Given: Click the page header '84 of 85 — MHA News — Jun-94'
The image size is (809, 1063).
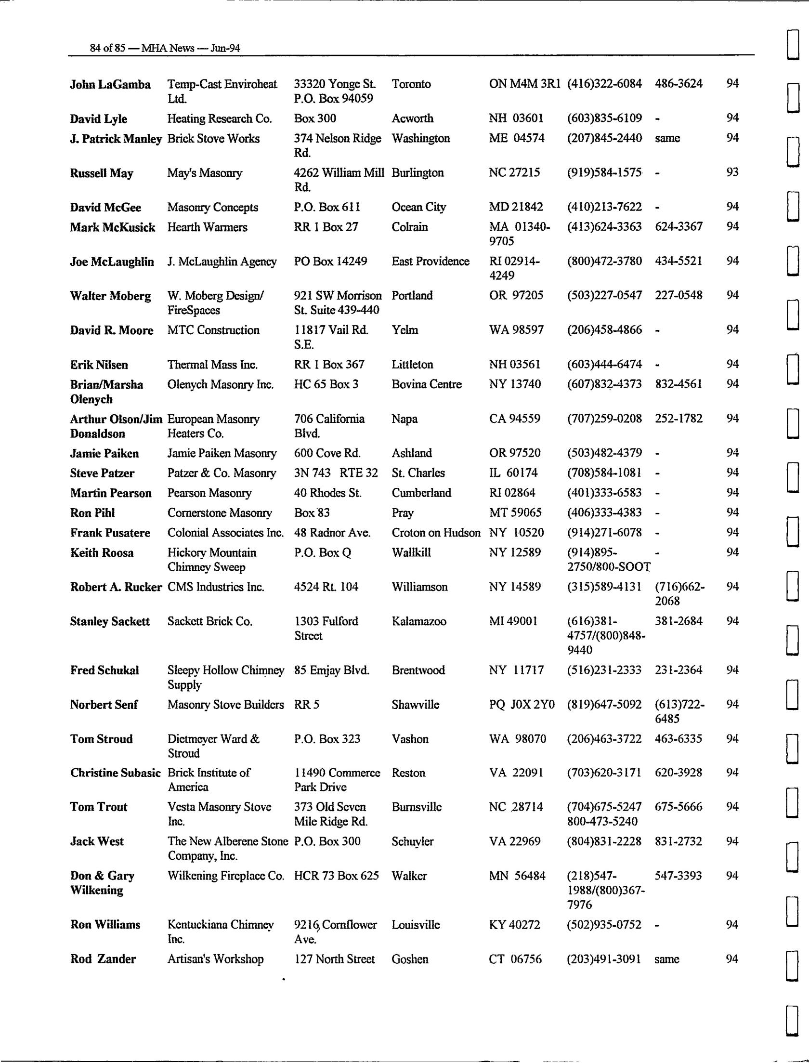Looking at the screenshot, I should point(165,48).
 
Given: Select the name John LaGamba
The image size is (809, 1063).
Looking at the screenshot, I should point(110,85).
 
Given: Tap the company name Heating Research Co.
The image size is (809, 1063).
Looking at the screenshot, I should point(219,118).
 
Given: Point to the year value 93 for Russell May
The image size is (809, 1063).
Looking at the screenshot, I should point(732,172).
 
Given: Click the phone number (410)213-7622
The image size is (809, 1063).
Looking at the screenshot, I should point(604,207).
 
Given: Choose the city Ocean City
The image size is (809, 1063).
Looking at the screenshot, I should point(418,207).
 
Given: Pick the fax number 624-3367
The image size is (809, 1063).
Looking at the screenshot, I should point(679,226).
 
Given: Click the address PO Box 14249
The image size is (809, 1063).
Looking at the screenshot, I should point(330,261).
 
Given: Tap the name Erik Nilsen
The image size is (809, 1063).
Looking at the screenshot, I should point(99,365).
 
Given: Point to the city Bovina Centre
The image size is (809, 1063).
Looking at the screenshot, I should point(426,384).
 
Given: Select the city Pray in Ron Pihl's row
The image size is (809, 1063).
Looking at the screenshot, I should point(403,513).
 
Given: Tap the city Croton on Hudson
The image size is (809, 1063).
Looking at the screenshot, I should point(436,533).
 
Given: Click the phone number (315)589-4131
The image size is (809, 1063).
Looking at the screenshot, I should point(604,587).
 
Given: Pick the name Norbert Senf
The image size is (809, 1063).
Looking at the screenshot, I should point(104,705).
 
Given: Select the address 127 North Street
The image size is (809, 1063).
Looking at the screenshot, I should point(334,959).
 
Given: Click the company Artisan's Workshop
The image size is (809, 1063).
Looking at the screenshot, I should point(215,959).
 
